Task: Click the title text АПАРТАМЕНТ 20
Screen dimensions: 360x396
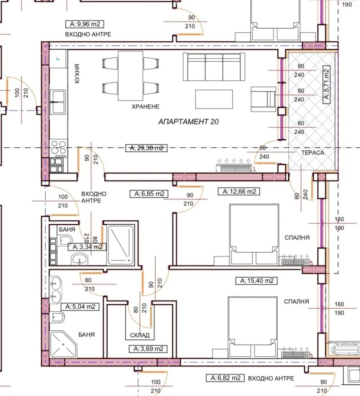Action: coord(189,121)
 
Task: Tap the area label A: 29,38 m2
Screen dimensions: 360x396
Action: coord(146,148)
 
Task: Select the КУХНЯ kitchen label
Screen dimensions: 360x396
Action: coord(77,73)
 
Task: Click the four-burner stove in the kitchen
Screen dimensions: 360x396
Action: coord(58,148)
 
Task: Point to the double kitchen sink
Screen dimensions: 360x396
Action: coord(58,102)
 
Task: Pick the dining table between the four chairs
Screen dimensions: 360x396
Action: coord(130,76)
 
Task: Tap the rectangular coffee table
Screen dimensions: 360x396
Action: coord(214,99)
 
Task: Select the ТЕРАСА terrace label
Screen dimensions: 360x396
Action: coord(313,153)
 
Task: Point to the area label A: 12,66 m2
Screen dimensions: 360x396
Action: coord(239,191)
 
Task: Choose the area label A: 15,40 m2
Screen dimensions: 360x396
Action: coord(256,280)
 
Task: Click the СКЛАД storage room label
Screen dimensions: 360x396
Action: coord(139,335)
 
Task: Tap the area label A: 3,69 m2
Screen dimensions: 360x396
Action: coord(148,349)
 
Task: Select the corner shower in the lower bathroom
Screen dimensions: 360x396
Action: coord(63,344)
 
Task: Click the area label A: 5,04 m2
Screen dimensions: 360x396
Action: coord(80,307)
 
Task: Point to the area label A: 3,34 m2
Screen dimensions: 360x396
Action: coord(87,247)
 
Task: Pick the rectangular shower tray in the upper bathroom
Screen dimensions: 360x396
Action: coord(121,245)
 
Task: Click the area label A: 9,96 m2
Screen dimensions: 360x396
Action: coord(85,24)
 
